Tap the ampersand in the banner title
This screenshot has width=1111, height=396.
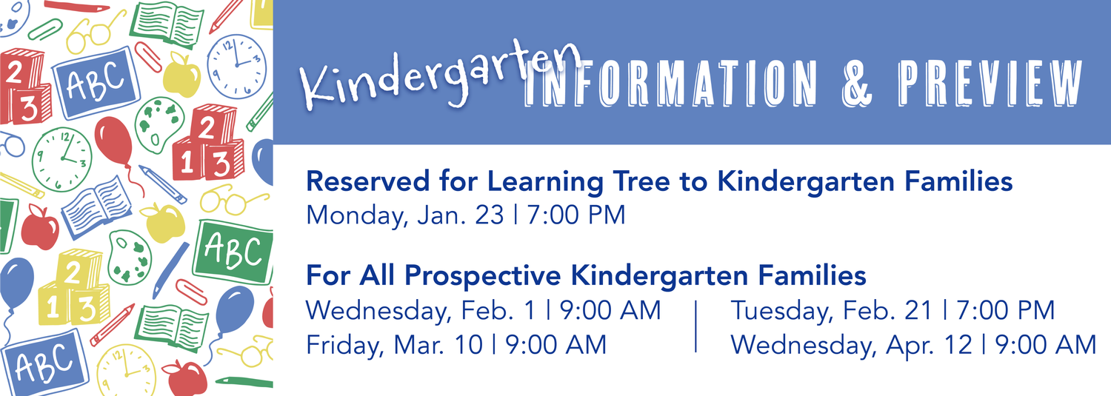coord(856,83)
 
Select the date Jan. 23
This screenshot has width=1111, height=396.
coord(461,215)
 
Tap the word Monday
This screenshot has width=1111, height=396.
coord(356,216)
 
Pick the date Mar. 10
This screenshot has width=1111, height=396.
coord(438,344)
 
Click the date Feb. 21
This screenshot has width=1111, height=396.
coord(888,310)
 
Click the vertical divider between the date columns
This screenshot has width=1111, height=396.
coord(696,326)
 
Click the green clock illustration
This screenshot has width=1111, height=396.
coord(62,159)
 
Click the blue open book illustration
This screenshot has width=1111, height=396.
coord(97,207)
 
